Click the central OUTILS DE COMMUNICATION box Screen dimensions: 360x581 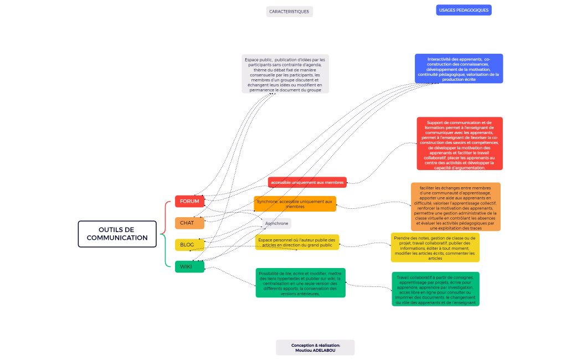(117, 234)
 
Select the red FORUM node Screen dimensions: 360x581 (189, 201)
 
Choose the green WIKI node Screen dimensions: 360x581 (189, 266)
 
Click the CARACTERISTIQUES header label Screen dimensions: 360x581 (289, 12)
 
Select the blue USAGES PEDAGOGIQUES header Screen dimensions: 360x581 (464, 10)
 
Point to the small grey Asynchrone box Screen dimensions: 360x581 (277, 223)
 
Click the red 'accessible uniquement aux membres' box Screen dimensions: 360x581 (307, 182)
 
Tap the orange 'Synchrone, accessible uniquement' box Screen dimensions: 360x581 (295, 204)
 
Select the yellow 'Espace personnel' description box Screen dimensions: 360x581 (297, 242)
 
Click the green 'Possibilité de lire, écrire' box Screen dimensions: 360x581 (300, 283)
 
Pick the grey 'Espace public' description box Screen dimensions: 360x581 (285, 74)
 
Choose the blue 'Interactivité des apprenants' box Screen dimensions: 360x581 (459, 69)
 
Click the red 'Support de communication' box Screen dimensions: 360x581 (460, 143)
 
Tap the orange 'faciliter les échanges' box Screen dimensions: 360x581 (455, 207)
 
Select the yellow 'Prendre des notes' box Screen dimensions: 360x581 (435, 248)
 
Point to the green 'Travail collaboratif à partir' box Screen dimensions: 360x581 (435, 289)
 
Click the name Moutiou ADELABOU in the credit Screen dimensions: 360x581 (315, 350)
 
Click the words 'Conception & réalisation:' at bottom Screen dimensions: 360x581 (315, 344)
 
